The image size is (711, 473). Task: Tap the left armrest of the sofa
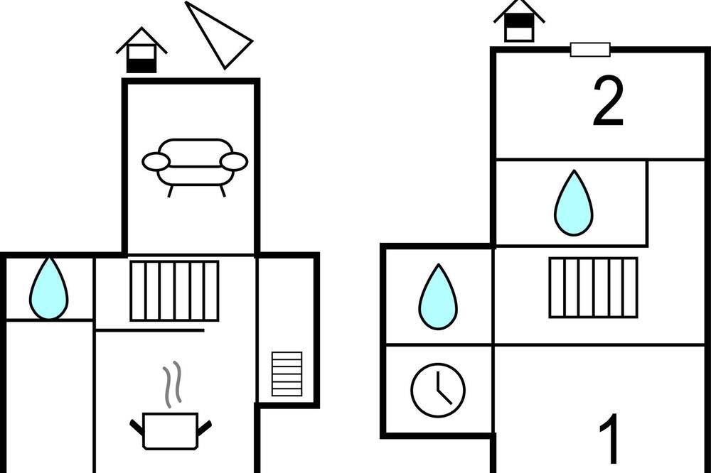click(156, 162)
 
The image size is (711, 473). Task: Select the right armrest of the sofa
click(234, 162)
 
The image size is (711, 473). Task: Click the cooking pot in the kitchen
click(171, 430)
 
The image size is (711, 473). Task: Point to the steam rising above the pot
click(172, 383)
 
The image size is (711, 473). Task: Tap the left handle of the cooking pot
click(137, 428)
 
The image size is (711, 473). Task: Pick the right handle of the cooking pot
click(205, 428)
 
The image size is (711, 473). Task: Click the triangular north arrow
click(218, 35)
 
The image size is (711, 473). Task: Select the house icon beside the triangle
click(141, 50)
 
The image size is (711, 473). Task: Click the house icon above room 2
click(519, 21)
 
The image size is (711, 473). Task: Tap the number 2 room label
click(609, 102)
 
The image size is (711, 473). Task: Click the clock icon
click(438, 390)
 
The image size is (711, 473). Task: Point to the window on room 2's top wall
click(590, 50)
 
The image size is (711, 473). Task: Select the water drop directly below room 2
click(574, 203)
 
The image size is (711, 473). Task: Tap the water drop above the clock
click(438, 297)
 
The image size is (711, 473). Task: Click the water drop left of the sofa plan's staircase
click(49, 288)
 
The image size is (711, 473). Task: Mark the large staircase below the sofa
click(175, 291)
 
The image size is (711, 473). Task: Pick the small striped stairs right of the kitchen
click(287, 374)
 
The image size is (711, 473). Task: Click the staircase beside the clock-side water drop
click(593, 288)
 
